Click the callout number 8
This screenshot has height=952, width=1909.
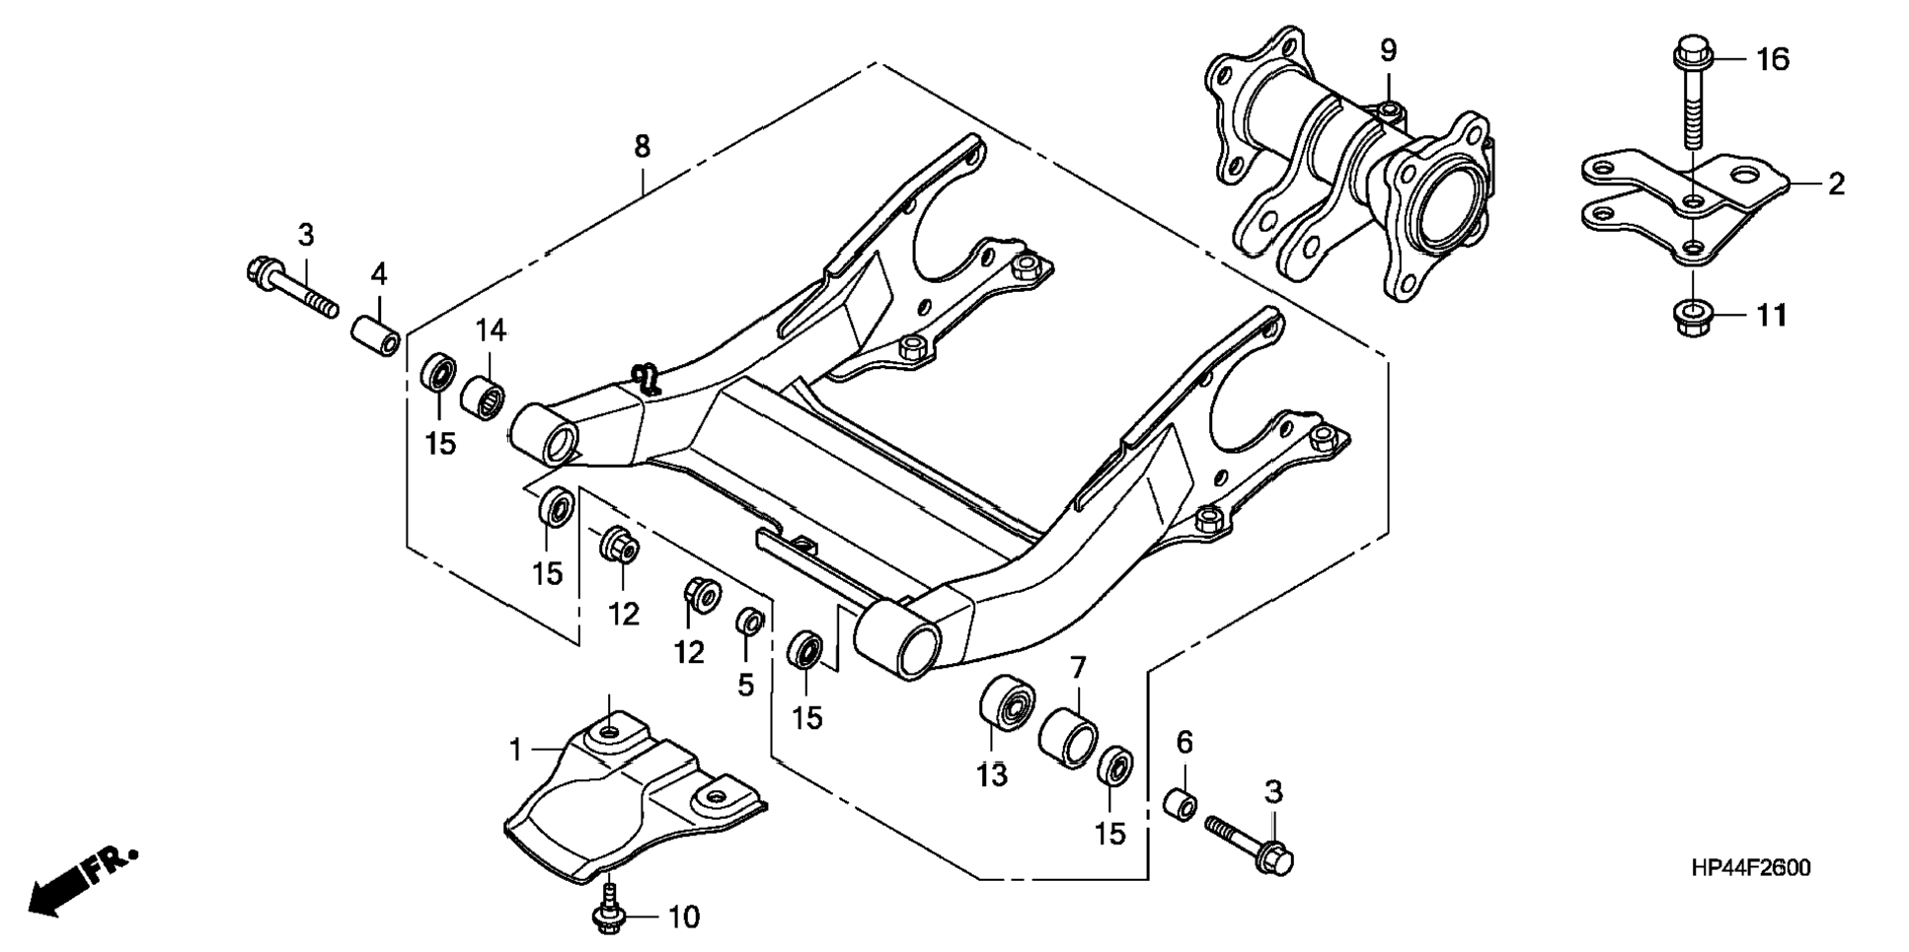tap(643, 147)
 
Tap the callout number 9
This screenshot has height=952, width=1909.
tap(1388, 49)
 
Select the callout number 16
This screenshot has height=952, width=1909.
tap(1773, 60)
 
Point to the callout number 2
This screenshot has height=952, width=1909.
tap(1836, 183)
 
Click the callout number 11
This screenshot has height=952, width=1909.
tap(1772, 316)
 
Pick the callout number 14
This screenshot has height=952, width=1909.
tap(491, 330)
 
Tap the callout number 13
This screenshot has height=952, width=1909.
tap(993, 775)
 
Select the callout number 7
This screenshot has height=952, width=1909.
tap(1077, 668)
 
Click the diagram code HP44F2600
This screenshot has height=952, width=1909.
tap(1750, 868)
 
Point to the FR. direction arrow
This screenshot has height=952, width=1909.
tap(84, 880)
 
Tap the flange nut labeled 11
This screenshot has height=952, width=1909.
tap(1692, 318)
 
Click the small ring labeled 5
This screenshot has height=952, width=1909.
tap(750, 623)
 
